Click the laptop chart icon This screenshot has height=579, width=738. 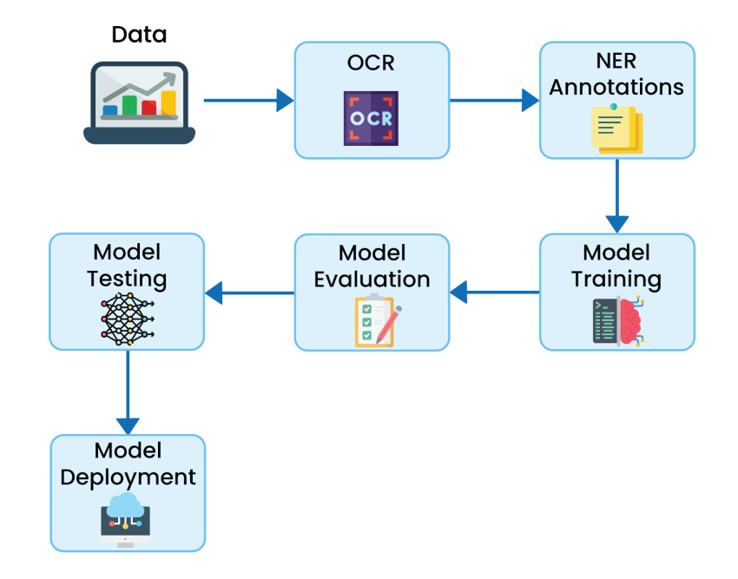(140, 102)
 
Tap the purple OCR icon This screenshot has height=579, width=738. (371, 118)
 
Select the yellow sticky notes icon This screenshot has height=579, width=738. (616, 128)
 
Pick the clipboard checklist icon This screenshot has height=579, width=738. (373, 321)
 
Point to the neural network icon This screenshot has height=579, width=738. (127, 318)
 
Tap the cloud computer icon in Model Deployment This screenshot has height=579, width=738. (127, 519)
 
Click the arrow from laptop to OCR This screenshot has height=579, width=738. (248, 100)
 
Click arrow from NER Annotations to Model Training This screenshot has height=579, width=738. (617, 195)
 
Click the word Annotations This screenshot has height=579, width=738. (616, 88)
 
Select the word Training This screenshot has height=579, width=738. (616, 280)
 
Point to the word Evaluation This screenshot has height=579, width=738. (372, 280)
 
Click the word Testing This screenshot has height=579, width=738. (127, 280)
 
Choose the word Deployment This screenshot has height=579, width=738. (128, 477)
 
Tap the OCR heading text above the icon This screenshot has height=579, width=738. (371, 63)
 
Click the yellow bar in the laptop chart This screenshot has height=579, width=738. (168, 103)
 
